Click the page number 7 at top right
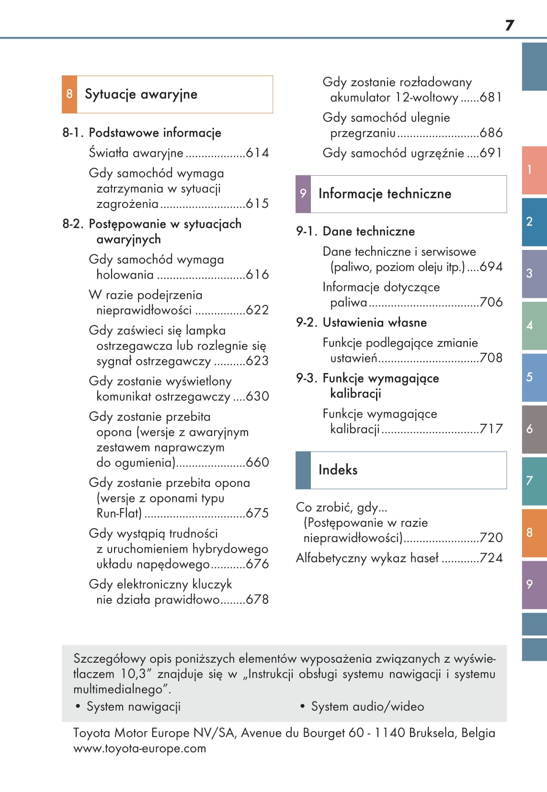click(510, 25)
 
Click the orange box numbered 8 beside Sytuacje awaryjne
click(69, 94)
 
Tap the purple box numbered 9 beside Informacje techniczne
click(303, 193)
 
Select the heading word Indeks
click(338, 470)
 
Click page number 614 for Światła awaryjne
click(257, 153)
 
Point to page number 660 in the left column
click(257, 462)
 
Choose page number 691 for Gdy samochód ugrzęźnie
click(491, 153)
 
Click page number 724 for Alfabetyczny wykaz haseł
click(491, 558)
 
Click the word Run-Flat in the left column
click(119, 513)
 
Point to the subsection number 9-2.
click(307, 322)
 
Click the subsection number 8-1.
click(73, 133)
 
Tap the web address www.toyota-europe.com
click(139, 748)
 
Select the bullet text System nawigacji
click(133, 706)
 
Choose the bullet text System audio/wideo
click(367, 706)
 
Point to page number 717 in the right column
click(491, 429)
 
